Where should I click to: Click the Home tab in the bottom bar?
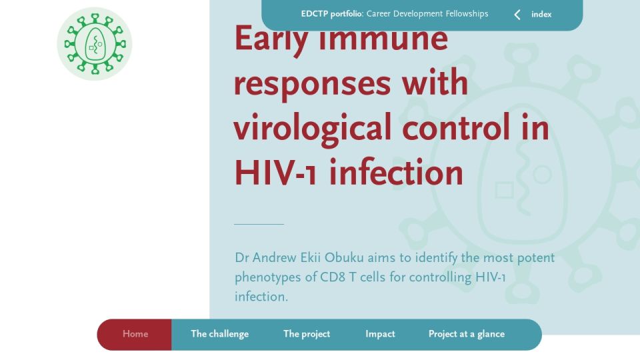point(135,334)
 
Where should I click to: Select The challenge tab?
point(219,334)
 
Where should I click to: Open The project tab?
point(307,334)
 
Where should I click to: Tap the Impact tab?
point(380,334)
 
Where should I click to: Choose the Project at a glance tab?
point(467,334)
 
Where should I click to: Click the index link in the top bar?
point(541,14)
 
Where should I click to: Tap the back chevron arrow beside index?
point(517,15)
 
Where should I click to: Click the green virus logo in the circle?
point(95,44)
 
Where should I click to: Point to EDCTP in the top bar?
point(314,14)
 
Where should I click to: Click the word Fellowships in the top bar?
point(467,14)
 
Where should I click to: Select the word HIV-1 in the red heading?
point(275,173)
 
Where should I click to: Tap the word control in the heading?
point(456,127)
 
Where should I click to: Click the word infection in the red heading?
point(396,172)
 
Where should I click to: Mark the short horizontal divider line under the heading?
point(259,224)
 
